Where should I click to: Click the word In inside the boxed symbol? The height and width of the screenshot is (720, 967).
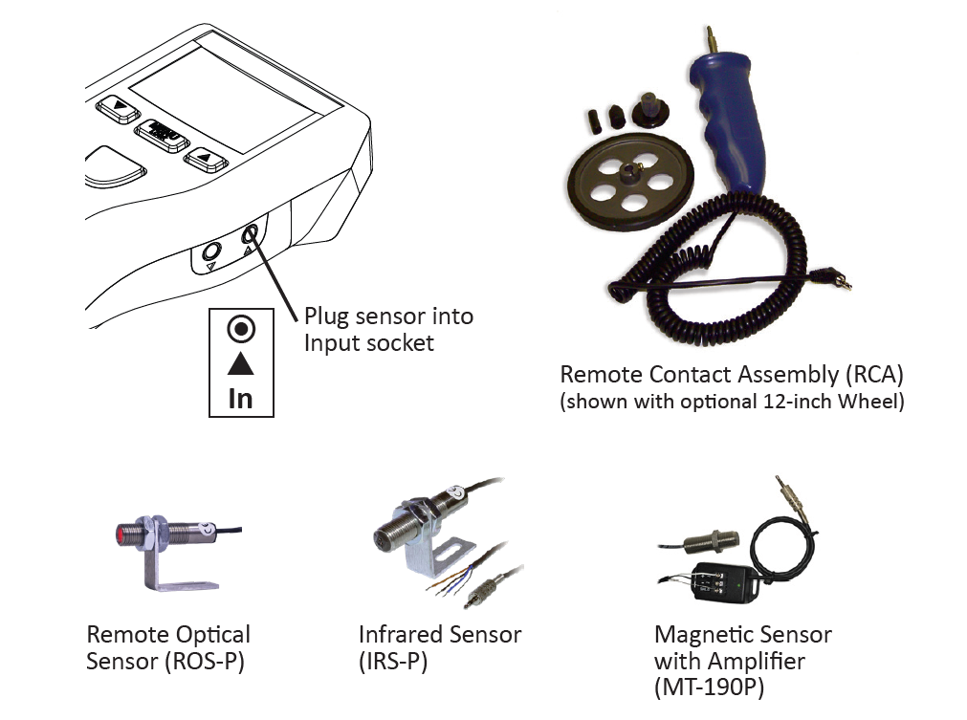(240, 398)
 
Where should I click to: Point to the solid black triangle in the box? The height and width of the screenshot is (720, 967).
(241, 364)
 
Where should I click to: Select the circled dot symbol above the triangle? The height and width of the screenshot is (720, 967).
(241, 330)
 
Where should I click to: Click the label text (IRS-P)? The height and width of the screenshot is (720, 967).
(393, 661)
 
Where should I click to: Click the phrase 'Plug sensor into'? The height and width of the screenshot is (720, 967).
(388, 316)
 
